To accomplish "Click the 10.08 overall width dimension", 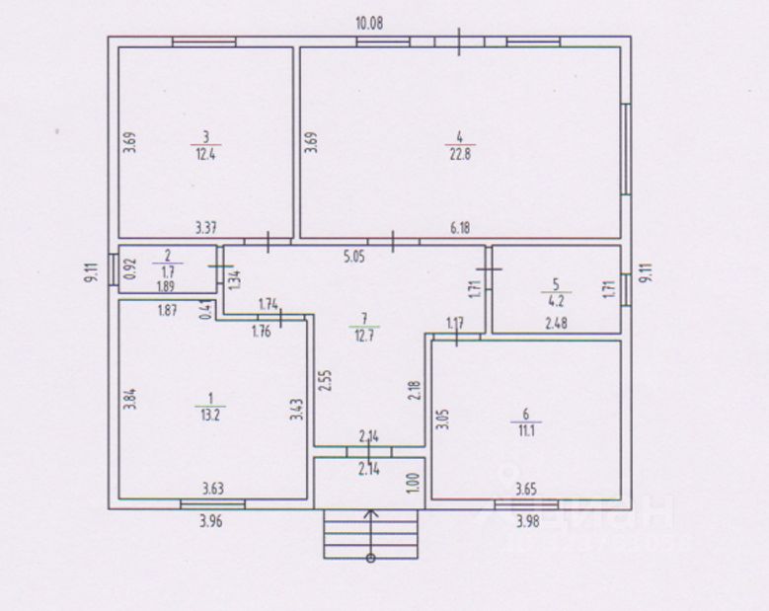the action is (x=369, y=22).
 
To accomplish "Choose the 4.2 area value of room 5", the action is (x=556, y=303).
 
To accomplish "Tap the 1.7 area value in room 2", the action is (x=168, y=269).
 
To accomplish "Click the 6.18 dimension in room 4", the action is (x=460, y=228).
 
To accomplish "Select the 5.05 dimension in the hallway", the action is (x=354, y=259).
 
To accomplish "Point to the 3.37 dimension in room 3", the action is (x=205, y=228).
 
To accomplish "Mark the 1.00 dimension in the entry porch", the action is (x=414, y=484).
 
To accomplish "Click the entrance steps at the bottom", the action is (x=370, y=535).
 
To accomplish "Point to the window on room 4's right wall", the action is (x=625, y=148).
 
